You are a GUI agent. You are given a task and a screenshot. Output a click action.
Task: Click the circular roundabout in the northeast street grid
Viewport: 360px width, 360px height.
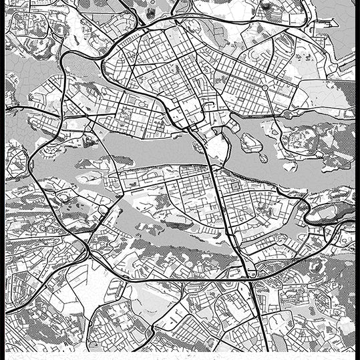point(264,87)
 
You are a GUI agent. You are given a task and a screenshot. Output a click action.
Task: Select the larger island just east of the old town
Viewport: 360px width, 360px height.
point(250,142)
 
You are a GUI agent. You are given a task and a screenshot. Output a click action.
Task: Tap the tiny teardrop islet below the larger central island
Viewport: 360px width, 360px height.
point(263,158)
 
